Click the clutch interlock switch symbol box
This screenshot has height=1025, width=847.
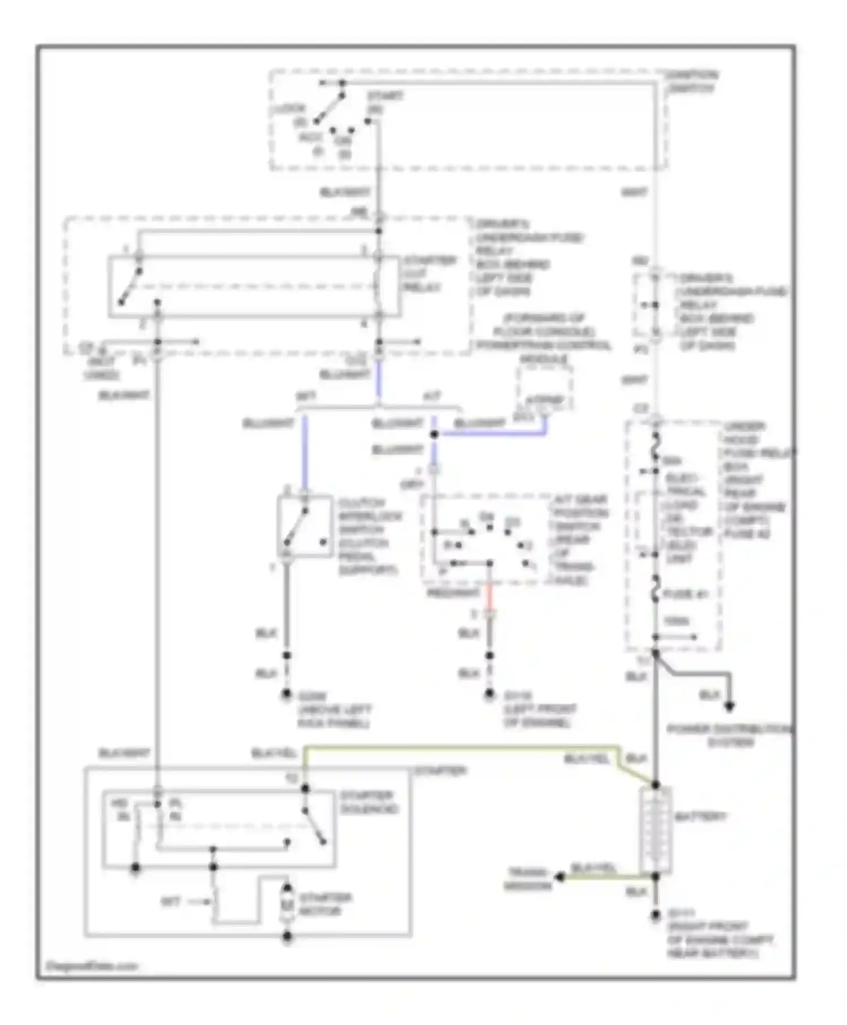coord(304,527)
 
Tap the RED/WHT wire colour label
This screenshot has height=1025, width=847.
coord(453,593)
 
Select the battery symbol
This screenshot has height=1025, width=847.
coord(656,831)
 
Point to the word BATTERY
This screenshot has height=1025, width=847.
coord(700,817)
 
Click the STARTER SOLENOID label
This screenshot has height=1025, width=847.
coord(369,802)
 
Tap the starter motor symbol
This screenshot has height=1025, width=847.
coord(287,905)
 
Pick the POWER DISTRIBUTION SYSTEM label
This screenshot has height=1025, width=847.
coord(730,736)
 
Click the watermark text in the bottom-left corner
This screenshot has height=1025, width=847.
coord(91,966)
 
